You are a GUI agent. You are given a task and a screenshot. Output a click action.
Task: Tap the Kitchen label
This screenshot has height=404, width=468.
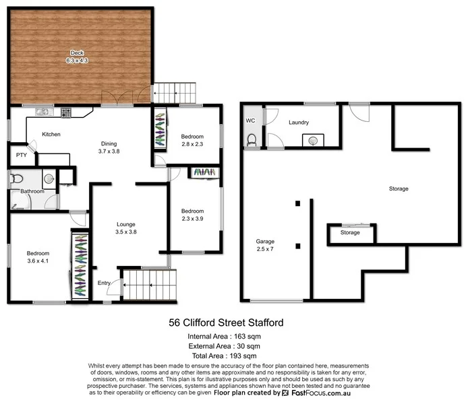(51, 135)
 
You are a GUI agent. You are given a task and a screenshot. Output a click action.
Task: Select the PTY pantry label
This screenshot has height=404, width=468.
(21, 156)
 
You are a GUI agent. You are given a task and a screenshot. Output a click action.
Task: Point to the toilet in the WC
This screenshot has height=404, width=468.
(252, 140)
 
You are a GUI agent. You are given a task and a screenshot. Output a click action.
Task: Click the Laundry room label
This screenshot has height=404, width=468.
(298, 123)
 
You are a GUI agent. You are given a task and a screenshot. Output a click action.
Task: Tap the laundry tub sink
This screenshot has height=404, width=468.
(313, 141)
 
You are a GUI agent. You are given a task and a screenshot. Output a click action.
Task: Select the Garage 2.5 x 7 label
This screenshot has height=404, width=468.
(265, 245)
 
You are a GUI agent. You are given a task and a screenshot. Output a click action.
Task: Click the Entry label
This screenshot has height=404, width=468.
(105, 283)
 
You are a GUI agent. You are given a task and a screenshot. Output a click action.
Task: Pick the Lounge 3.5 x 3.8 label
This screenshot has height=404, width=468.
(126, 227)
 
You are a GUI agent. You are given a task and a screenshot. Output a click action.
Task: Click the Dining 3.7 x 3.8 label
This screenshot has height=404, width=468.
(109, 147)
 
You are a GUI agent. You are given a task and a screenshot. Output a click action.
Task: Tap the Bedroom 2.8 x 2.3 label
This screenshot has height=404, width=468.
(192, 140)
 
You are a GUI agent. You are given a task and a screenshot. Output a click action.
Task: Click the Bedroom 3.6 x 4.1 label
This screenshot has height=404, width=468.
(38, 257)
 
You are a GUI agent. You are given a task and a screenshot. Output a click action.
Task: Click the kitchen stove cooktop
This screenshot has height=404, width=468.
(66, 112)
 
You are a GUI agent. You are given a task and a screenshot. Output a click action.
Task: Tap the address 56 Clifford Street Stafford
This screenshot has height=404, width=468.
(226, 323)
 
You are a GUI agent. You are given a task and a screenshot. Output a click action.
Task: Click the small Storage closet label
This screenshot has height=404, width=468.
(350, 233)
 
